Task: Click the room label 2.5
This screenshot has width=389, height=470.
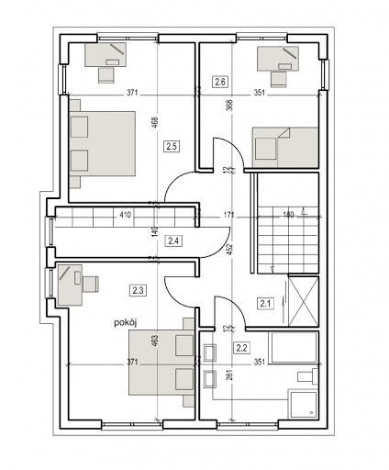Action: pyautogui.click(x=172, y=146)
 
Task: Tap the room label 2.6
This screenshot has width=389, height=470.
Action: pyautogui.click(x=220, y=82)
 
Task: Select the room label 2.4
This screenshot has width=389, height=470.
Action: pyautogui.click(x=173, y=241)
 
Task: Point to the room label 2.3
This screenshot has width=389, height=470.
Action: pyautogui.click(x=139, y=290)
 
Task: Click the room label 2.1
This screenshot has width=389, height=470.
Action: pyautogui.click(x=265, y=304)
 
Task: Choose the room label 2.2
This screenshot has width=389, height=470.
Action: pyautogui.click(x=241, y=348)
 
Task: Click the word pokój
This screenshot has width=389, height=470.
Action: pyautogui.click(x=125, y=323)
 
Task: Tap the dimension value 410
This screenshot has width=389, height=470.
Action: pyautogui.click(x=125, y=215)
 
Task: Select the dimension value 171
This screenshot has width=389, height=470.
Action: pyautogui.click(x=228, y=215)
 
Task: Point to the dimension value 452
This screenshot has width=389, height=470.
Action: pyautogui.click(x=231, y=250)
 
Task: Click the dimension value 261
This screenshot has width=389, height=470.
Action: pyautogui.click(x=231, y=375)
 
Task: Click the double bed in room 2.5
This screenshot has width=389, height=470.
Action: pyautogui.click(x=103, y=143)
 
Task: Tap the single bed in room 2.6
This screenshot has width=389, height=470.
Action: pyautogui.click(x=285, y=147)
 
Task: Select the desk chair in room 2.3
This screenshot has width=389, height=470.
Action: pyautogui.click(x=91, y=284)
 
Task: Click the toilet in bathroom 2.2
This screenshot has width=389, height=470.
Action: pyautogui.click(x=307, y=376)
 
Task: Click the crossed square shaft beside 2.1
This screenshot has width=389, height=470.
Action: pyautogui.click(x=303, y=301)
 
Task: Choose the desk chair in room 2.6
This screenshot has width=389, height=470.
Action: pyautogui.click(x=279, y=79)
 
